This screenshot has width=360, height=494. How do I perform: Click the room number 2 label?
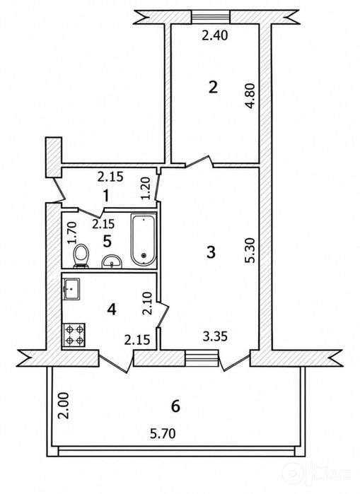[213, 87]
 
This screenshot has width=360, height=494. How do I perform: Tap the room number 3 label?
[211, 252]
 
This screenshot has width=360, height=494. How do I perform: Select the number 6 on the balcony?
[175, 406]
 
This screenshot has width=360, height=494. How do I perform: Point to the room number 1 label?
[106, 196]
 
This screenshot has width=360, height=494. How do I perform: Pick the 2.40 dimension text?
[215, 35]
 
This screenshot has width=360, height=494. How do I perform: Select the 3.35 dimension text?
[215, 337]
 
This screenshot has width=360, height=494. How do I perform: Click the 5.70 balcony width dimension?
[163, 434]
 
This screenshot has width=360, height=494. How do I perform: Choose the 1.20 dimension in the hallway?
[146, 189]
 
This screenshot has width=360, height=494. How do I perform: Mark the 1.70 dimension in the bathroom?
[72, 233]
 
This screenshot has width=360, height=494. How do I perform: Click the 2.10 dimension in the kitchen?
[147, 304]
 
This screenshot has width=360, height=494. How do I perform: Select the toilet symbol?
[81, 257]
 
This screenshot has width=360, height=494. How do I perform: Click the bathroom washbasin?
[112, 261]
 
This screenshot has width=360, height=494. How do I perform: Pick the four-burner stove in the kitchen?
[74, 335]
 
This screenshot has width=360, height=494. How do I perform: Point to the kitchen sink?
[72, 289]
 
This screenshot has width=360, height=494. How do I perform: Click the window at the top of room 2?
[211, 16]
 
